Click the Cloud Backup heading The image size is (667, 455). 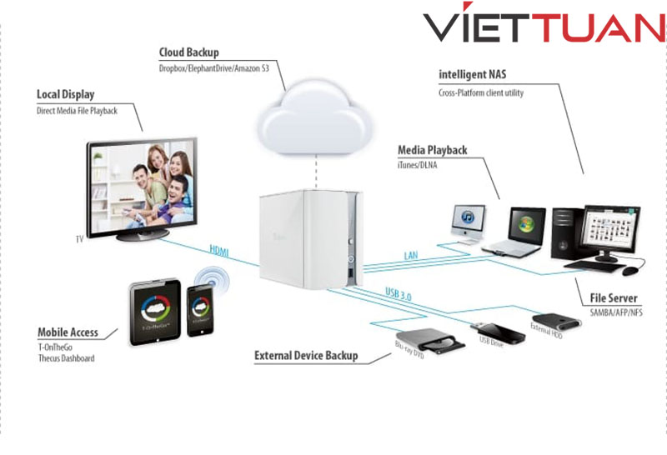189,52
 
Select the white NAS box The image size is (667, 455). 310,237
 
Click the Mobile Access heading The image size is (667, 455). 68,332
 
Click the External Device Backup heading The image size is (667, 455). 306,356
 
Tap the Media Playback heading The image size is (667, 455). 432,150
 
